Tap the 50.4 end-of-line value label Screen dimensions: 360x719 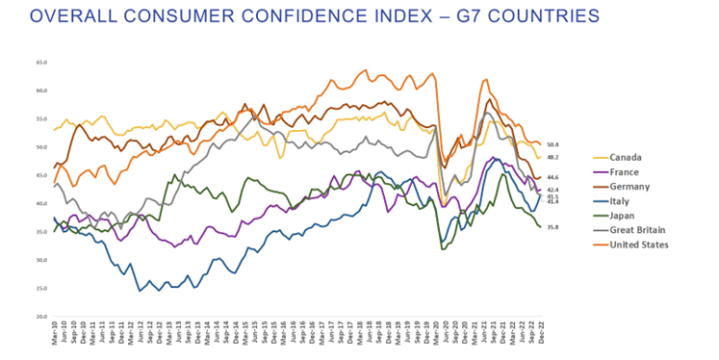point(552,144)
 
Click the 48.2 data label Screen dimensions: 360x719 point(552,157)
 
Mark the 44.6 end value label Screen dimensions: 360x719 point(552,177)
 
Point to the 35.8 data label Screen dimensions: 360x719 point(552,227)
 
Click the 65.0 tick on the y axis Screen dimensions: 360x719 point(41,63)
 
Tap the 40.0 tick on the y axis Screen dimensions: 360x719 point(41,204)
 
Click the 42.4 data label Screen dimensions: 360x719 point(552,190)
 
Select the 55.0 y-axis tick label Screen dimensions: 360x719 point(41,119)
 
